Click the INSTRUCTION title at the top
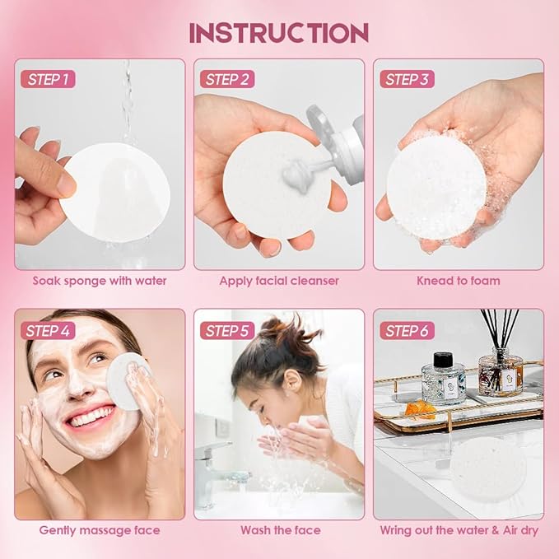click(278, 32)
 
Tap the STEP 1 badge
click(49, 80)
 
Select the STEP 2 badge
click(228, 80)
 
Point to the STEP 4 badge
click(49, 331)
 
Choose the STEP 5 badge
click(228, 331)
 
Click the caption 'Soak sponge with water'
click(100, 281)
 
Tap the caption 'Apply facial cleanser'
click(279, 281)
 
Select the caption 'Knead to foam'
click(458, 281)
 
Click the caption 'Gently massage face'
click(100, 530)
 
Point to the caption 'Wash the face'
click(279, 530)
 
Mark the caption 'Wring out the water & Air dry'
click(458, 530)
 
